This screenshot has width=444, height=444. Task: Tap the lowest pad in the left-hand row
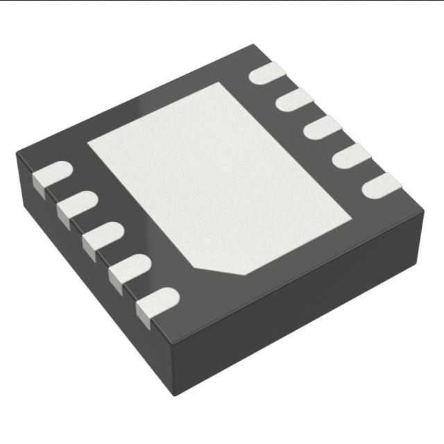tap(158, 301)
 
